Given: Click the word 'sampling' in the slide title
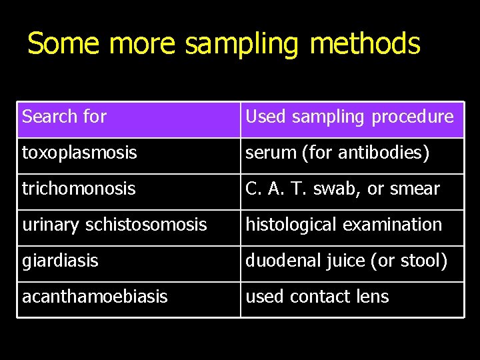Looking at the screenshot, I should coord(243,44).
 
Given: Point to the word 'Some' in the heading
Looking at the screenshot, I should coord(63,44).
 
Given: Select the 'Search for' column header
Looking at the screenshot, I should coord(64,117).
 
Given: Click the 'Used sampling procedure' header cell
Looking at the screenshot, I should coord(349,117).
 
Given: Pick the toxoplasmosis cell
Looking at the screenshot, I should coord(79,153).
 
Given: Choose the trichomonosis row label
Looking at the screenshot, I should coord(78,189).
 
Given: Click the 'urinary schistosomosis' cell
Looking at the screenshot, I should coord(114,225).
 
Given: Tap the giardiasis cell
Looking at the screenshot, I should coord(60,261).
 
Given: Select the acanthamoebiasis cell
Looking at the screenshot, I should coord(95,297).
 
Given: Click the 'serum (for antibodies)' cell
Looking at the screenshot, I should coord(337,153).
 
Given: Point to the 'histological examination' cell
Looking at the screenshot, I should coord(343,225).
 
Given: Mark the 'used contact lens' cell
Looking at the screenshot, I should coord(317,297).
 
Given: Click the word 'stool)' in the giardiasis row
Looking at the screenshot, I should coord(425,261).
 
